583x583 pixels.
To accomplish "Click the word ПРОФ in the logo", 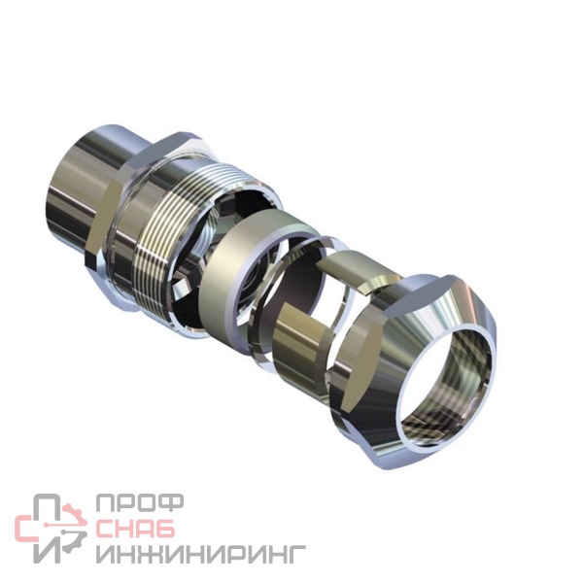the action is pos(139,502).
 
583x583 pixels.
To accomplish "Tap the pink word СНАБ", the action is pos(135,528).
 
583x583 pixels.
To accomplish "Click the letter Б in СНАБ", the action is pos(165,528).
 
